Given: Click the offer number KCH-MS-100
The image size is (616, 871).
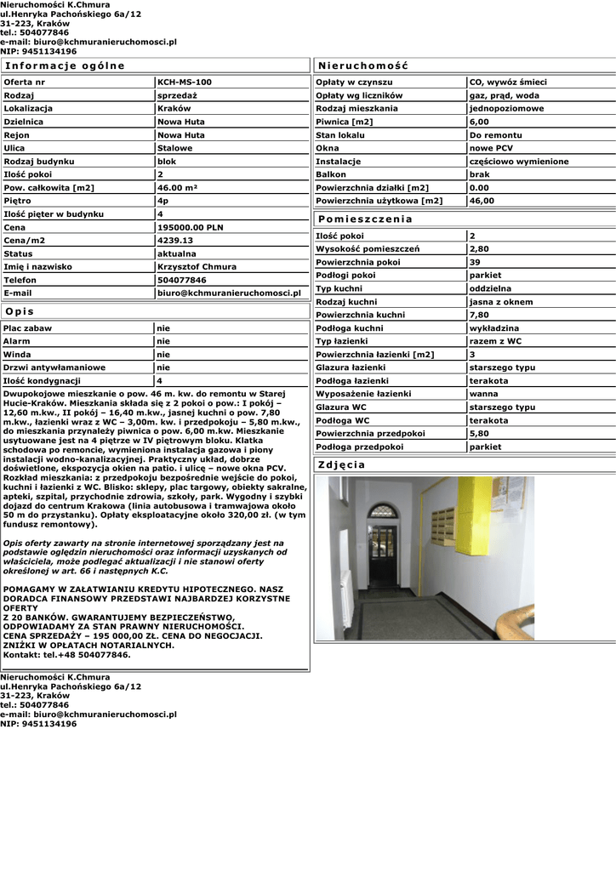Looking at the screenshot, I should point(185,83).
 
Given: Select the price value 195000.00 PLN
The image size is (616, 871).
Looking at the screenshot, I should point(191,228).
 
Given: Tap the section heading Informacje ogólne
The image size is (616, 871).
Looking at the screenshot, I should point(65,65).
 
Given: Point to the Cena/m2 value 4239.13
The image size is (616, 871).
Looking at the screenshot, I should point(176,241).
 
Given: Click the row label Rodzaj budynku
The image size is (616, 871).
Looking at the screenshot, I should point(39,162).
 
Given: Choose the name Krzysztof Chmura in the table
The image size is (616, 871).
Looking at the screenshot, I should point(197,267).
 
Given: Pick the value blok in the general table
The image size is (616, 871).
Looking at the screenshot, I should point(167,162).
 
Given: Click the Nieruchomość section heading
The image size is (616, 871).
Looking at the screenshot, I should point(363,65).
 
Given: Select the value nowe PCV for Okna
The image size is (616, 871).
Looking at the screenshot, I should point(491,149).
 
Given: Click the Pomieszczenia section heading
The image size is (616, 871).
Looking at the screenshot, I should point(365,219).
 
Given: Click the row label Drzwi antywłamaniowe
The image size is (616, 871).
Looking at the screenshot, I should point(54,367).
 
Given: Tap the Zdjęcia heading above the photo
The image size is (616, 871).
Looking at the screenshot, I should point(341,464).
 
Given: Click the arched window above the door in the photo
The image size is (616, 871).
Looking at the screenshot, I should point(384,512).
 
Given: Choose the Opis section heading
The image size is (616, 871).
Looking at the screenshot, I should point(20,311).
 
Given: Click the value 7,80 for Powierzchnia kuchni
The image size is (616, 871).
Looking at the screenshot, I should point(479,315).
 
